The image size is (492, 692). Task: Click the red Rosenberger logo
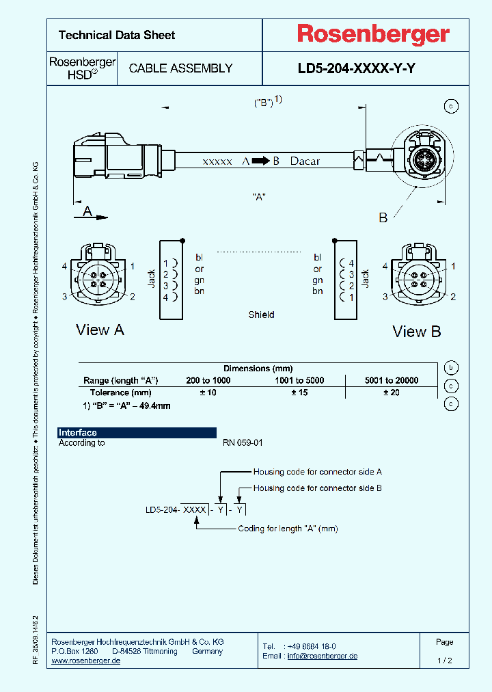click(x=372, y=34)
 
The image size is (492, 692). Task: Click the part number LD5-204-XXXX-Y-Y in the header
click(x=356, y=68)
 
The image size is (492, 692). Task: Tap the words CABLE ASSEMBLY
click(x=180, y=68)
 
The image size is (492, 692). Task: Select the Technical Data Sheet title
click(x=117, y=35)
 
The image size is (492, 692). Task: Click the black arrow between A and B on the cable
click(x=260, y=161)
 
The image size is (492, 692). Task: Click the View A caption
click(x=100, y=330)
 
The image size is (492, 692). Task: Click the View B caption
click(x=416, y=332)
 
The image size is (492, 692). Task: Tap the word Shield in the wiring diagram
click(x=261, y=315)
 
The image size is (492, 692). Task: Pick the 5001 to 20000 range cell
click(x=392, y=380)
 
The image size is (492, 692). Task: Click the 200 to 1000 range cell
click(x=208, y=380)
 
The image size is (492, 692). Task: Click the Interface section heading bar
click(x=137, y=432)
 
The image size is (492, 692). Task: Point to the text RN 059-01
click(x=243, y=443)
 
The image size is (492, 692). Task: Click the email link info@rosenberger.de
click(x=322, y=656)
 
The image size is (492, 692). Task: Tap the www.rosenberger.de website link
click(x=86, y=661)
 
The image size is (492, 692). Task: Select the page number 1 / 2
click(x=444, y=661)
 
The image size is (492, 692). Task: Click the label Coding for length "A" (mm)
click(x=288, y=529)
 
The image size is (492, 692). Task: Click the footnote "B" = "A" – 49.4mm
click(x=126, y=405)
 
